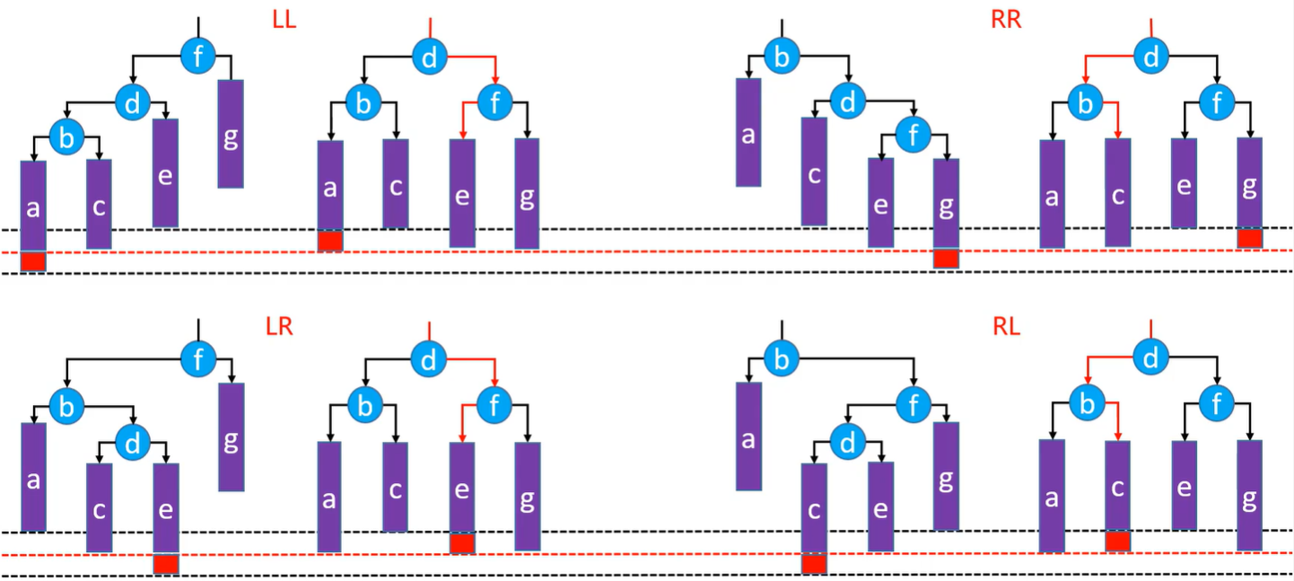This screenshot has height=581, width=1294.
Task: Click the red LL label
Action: pyautogui.click(x=284, y=20)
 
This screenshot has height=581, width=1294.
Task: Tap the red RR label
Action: pyautogui.click(x=1006, y=20)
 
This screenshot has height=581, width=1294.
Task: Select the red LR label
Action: pyautogui.click(x=280, y=327)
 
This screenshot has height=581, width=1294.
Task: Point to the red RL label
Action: pyautogui.click(x=1006, y=327)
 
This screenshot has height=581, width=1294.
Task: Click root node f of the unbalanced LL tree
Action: pyautogui.click(x=198, y=56)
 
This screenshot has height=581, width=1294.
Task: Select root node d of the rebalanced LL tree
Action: pyautogui.click(x=429, y=57)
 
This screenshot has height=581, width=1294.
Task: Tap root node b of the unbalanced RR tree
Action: pyautogui.click(x=782, y=57)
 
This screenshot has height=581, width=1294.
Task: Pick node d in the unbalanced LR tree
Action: pyautogui.click(x=133, y=443)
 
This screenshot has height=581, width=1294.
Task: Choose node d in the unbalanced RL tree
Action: pyautogui.click(x=847, y=442)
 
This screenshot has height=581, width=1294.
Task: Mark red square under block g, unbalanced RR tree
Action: pyautogui.click(x=946, y=258)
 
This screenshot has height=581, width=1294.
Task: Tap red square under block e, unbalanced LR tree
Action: pyautogui.click(x=166, y=564)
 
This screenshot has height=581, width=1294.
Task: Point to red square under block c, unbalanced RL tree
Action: pyautogui.click(x=814, y=563)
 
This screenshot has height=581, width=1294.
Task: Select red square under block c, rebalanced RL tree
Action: pyautogui.click(x=1118, y=541)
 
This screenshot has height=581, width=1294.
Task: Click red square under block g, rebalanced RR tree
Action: pyautogui.click(x=1249, y=238)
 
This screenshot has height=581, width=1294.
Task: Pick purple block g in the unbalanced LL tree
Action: pyautogui.click(x=231, y=134)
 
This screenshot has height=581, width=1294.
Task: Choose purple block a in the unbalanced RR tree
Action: pyautogui.click(x=748, y=132)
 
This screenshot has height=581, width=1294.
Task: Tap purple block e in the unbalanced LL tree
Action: pyautogui.click(x=165, y=172)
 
